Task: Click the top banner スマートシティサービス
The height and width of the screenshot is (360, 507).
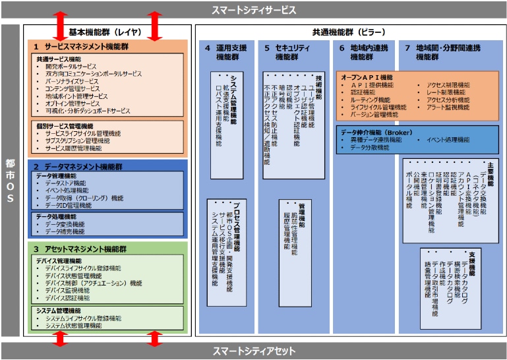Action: (253, 11)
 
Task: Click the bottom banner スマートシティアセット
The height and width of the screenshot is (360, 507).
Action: (253, 351)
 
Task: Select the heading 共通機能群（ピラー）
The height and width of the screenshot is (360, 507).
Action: (349, 32)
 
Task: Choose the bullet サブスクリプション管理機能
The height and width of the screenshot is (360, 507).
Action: (78, 140)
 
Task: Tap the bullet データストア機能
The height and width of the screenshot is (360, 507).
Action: (69, 183)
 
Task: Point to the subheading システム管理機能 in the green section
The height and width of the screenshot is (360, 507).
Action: (59, 311)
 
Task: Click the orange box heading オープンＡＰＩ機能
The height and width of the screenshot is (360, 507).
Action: (367, 77)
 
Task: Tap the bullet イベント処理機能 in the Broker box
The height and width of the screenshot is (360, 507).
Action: (448, 140)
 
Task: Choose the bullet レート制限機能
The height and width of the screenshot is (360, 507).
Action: (448, 92)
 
